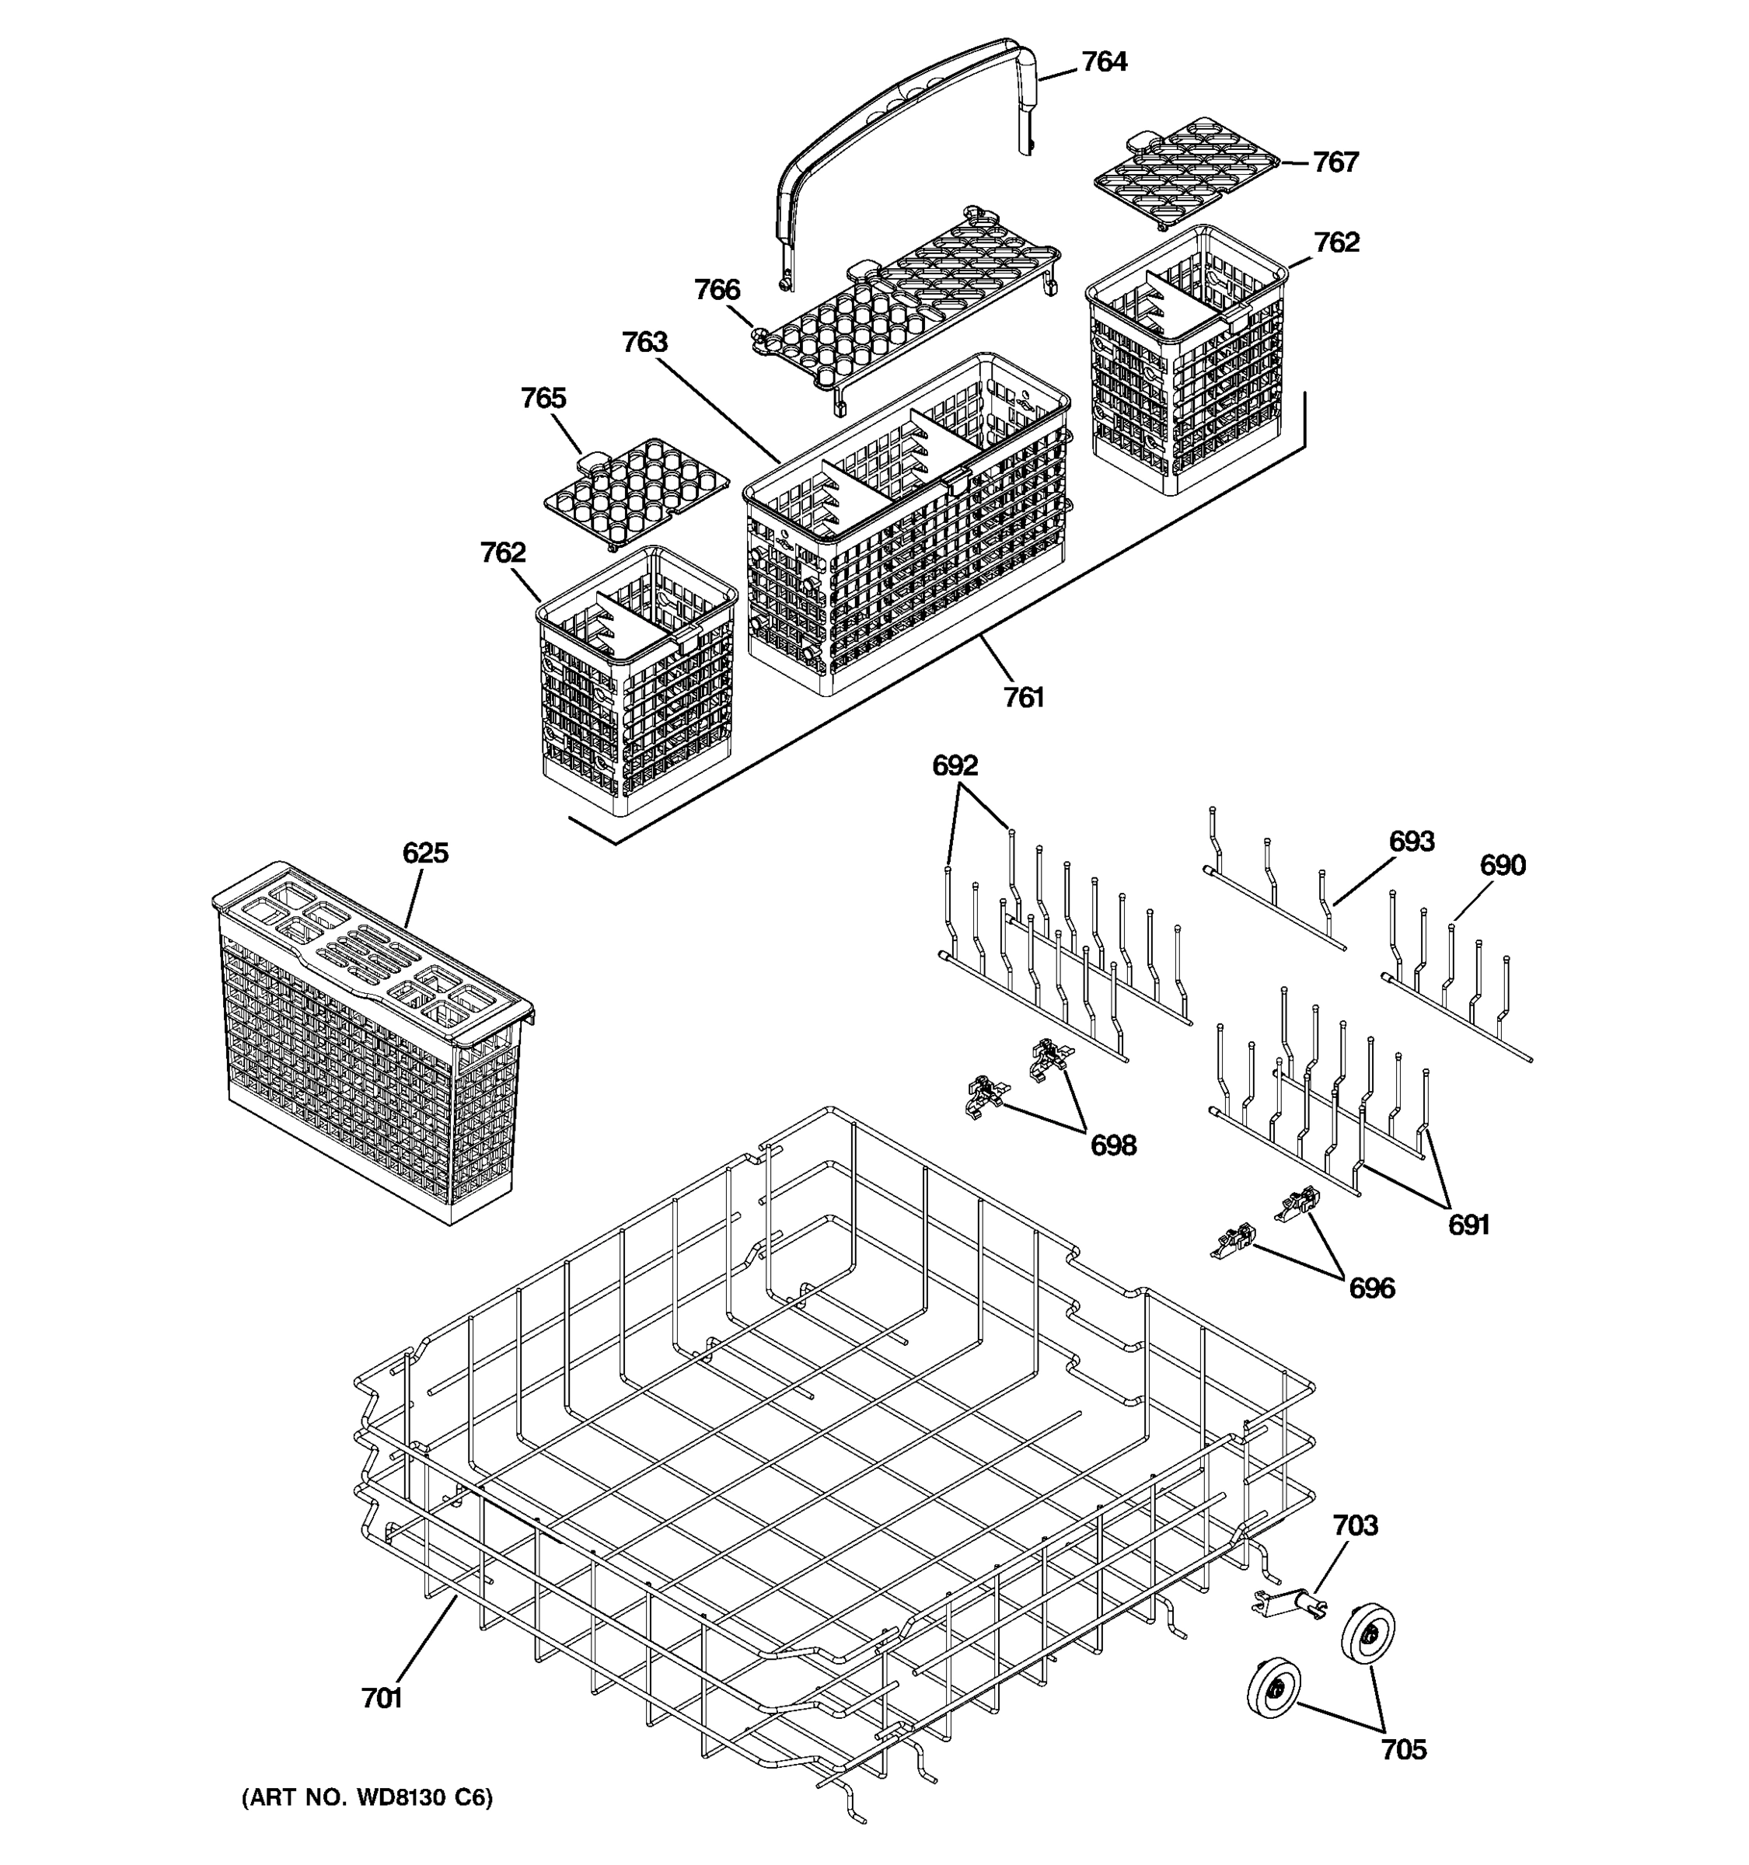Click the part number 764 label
(x=1104, y=62)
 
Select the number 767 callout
(x=1335, y=162)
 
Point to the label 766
(x=717, y=290)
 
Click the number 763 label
(x=644, y=343)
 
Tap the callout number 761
(x=1023, y=697)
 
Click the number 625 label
(x=425, y=852)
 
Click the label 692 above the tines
(x=955, y=765)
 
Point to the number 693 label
(x=1411, y=842)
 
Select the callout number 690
(x=1503, y=865)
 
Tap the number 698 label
(x=1113, y=1145)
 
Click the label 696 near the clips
(x=1371, y=1288)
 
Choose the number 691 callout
(x=1468, y=1224)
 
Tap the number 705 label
(x=1403, y=1750)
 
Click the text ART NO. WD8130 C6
(x=367, y=1797)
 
